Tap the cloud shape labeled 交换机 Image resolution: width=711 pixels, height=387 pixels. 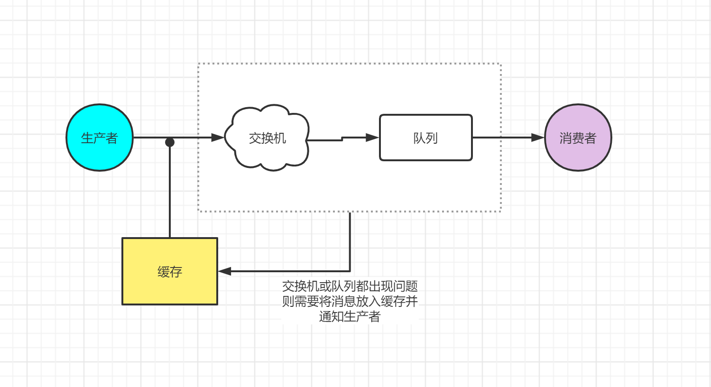[267, 154]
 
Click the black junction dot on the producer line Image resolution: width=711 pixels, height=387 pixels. [170, 142]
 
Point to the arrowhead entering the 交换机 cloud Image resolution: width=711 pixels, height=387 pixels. [218, 138]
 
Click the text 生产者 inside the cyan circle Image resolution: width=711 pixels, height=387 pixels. [99, 138]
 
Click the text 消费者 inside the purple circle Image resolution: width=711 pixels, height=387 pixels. [578, 138]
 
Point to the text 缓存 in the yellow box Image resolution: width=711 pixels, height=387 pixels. [170, 272]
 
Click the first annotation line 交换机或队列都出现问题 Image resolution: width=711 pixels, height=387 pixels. [350, 286]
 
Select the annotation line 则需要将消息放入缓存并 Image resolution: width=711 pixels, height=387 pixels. [350, 301]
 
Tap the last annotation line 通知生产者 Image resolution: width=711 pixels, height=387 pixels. [350, 316]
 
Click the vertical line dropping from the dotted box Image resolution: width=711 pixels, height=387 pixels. [350, 242]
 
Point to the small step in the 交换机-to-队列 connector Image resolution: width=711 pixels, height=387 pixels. [342, 139]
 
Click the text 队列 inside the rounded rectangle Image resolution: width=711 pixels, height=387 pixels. [425, 138]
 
